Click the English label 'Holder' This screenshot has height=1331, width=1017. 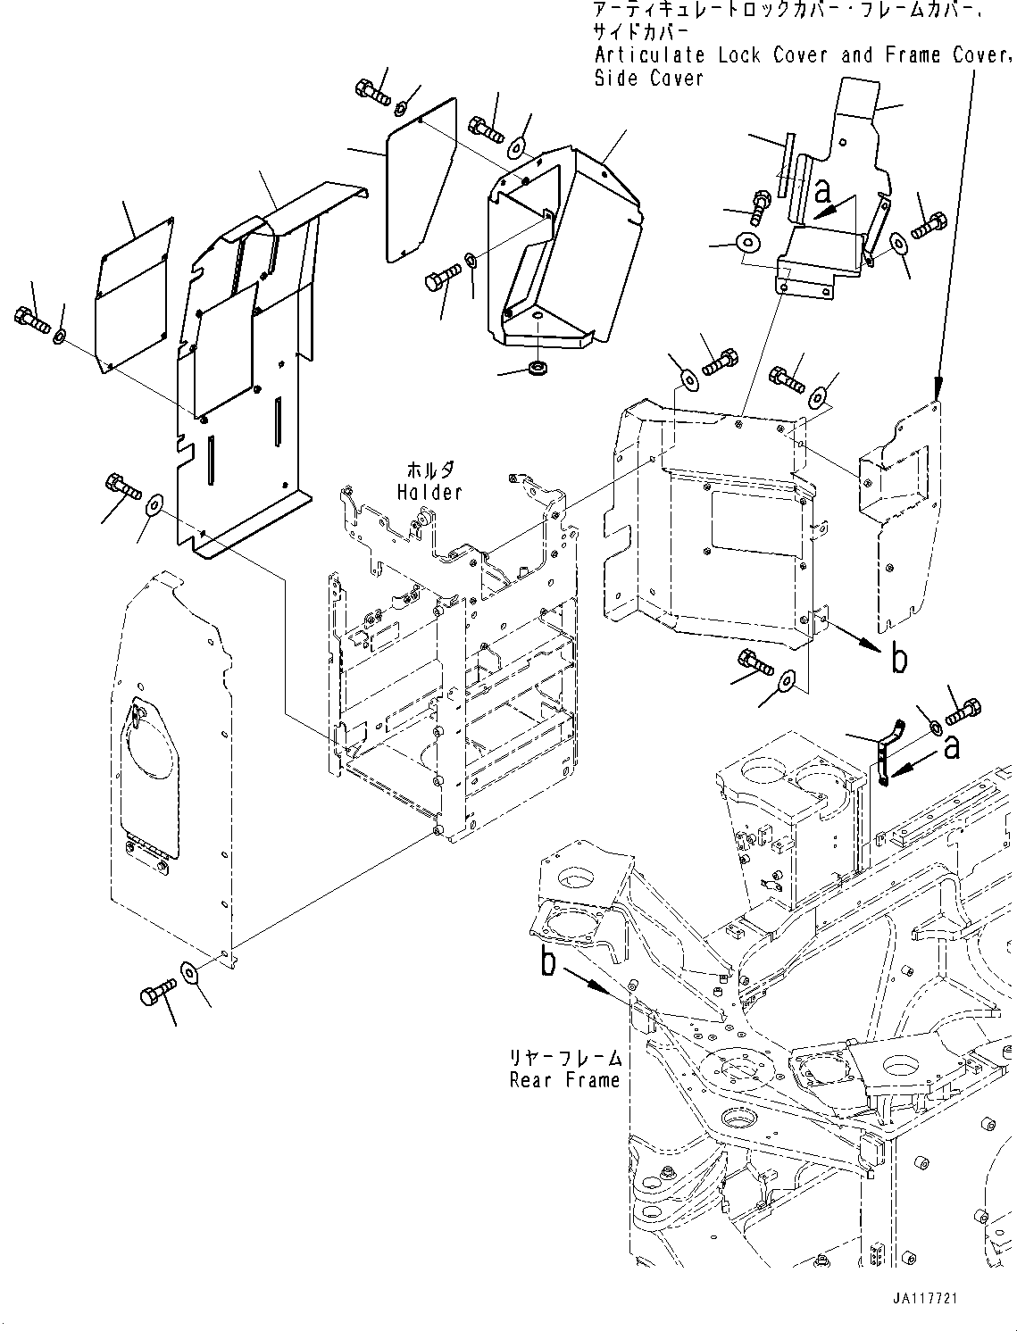(x=429, y=492)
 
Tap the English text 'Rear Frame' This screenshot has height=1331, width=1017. (x=564, y=1080)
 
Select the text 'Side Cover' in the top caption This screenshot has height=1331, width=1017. (x=649, y=79)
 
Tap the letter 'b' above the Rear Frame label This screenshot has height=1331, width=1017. (x=547, y=962)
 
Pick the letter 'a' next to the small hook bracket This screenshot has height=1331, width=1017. (x=952, y=745)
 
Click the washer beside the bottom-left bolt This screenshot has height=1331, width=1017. (x=190, y=972)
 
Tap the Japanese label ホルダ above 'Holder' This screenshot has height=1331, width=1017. (x=429, y=470)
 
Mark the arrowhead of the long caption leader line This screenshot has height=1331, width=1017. (x=938, y=391)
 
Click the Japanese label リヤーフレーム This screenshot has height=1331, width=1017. (x=564, y=1058)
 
